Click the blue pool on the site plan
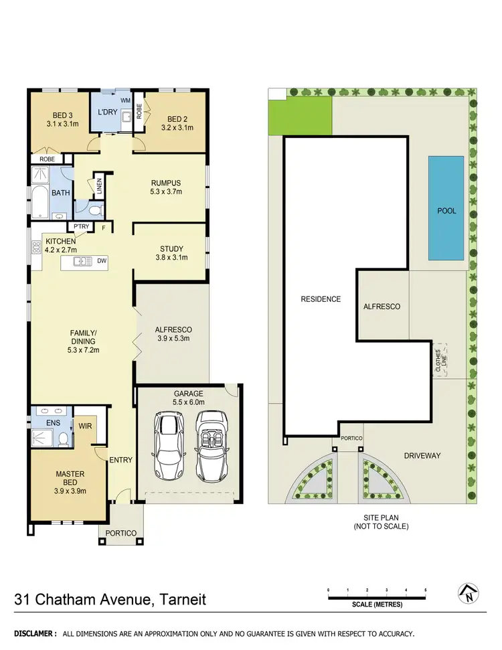coord(446,208)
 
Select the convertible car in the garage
coord(212,444)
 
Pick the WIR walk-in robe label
coord(85,424)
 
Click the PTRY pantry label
coord(82,227)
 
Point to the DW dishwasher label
coord(101,261)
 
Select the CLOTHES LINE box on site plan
coord(440,361)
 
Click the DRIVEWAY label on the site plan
coord(422,456)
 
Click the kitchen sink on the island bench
coord(83,261)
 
